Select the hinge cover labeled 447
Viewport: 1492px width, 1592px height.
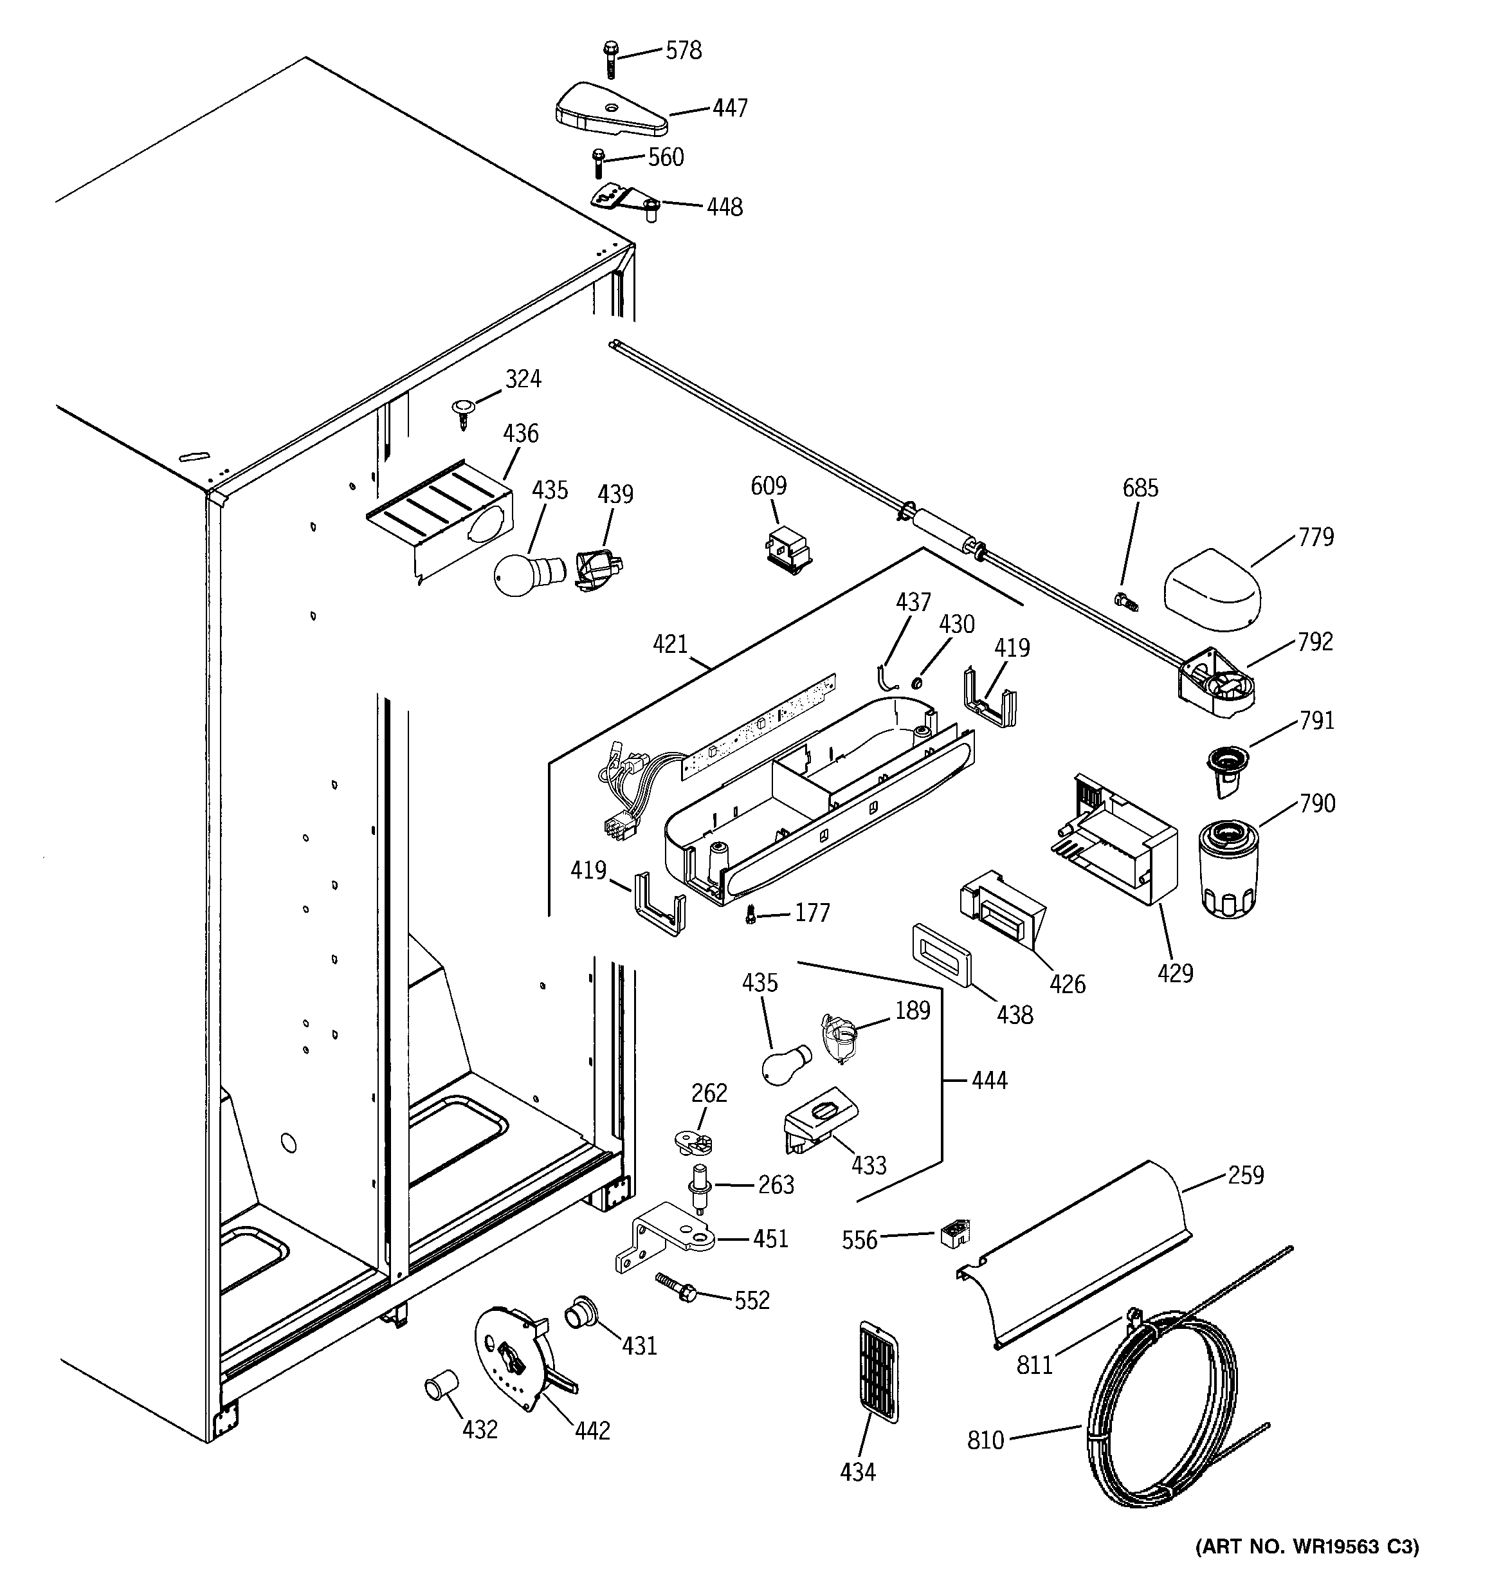tap(610, 109)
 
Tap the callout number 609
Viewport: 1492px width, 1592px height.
tap(768, 486)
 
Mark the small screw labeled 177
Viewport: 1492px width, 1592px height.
tap(751, 914)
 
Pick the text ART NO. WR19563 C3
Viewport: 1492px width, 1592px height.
tap(1306, 1569)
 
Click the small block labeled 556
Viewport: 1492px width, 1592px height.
tap(954, 1233)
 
